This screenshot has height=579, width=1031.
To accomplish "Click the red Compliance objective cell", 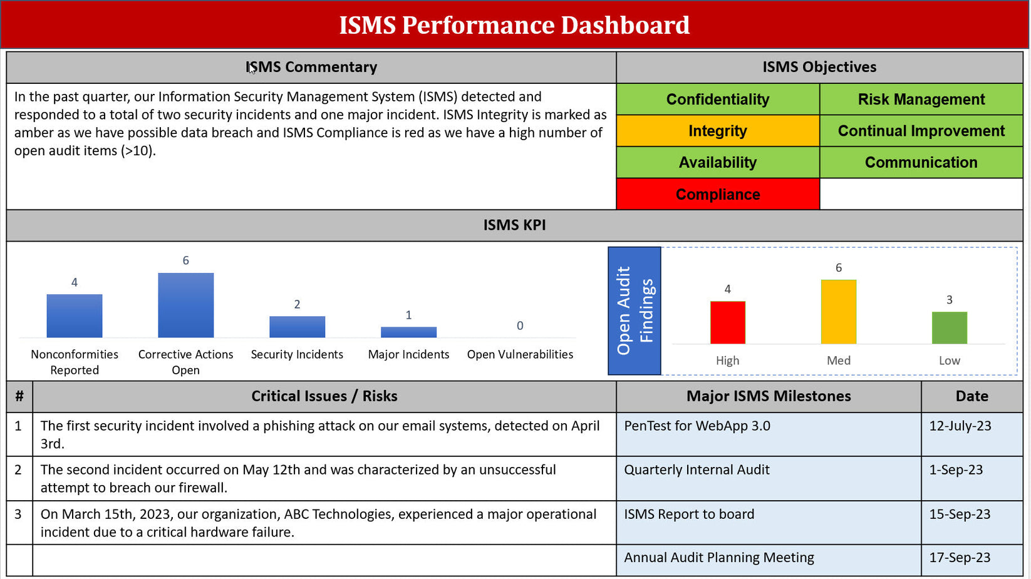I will tap(718, 194).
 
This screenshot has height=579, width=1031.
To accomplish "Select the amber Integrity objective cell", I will tap(718, 131).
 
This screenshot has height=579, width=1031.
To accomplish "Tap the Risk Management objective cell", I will tap(921, 100).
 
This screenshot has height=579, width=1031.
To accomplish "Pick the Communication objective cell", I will tap(921, 163).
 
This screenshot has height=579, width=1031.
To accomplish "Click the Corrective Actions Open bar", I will tap(185, 305).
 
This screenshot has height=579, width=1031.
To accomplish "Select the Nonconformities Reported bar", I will tap(75, 316).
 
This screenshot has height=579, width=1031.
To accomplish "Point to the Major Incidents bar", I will tap(408, 332).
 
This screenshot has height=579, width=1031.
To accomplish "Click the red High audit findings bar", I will tap(727, 322).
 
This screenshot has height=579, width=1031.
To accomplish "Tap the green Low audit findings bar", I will tap(949, 327).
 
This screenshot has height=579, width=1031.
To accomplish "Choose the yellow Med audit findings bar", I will tap(838, 312).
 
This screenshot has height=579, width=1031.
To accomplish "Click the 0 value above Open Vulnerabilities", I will tap(520, 325).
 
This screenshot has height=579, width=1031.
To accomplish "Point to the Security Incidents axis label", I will tap(297, 354).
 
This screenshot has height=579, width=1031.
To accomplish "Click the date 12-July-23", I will tap(960, 426).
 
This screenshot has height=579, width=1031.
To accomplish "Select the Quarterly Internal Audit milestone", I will tap(697, 470).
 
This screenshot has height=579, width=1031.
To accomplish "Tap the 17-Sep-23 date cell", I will tap(960, 558).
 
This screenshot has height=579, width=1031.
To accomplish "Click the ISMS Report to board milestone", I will tap(689, 515).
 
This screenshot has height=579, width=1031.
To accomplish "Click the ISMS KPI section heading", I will tap(514, 225).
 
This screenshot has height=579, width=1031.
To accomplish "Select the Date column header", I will tap(971, 396).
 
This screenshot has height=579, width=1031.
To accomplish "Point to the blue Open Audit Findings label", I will tap(635, 311).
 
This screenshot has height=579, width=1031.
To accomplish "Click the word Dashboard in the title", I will tap(625, 25).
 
